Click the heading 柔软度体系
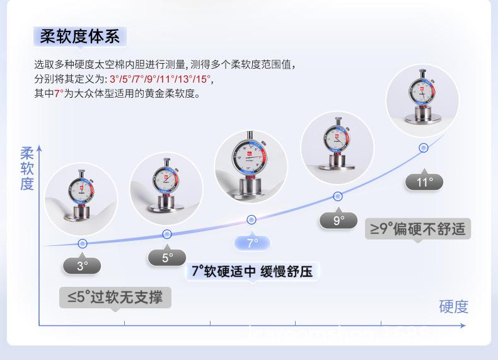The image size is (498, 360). [x=79, y=36]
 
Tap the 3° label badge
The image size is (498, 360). [x=82, y=265]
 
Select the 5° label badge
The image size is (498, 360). [x=167, y=257]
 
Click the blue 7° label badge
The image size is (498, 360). [x=252, y=243]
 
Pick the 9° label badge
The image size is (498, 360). [x=339, y=220]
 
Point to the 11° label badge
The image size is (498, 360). [x=425, y=182]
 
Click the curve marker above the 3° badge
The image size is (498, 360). [x=82, y=243]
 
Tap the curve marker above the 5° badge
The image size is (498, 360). [x=167, y=234]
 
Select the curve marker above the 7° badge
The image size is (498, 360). [x=252, y=219]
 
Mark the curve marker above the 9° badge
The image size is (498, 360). [x=338, y=196]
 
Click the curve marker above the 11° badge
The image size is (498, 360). [x=424, y=148]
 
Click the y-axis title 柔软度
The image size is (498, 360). [x=27, y=168]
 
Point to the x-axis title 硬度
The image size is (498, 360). [x=454, y=306]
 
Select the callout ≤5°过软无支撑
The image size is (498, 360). [x=115, y=296]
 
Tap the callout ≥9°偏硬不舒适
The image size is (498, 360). [x=418, y=228]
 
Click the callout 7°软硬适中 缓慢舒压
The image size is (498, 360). [x=252, y=271]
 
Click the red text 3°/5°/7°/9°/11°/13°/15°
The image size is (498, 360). [x=161, y=79]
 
